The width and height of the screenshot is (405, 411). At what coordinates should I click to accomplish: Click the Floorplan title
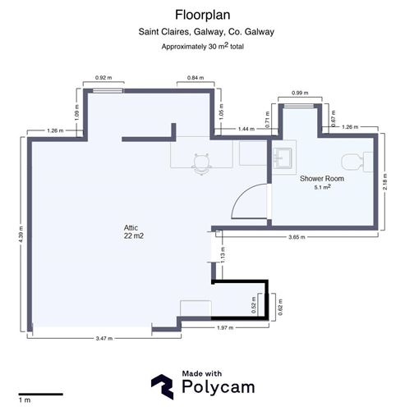[x=202, y=15]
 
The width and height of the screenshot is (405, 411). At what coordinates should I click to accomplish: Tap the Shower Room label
[x=322, y=179]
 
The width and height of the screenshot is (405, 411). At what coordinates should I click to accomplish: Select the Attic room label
[x=131, y=227]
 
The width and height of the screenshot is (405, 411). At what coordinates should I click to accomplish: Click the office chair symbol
[x=202, y=163]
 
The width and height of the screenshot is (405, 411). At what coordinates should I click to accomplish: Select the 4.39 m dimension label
[x=21, y=234]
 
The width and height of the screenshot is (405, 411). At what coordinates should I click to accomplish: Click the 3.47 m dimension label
[x=104, y=338]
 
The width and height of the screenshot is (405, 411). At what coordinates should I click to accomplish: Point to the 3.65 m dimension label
[x=297, y=237]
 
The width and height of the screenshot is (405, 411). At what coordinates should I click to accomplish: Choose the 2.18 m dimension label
[x=385, y=181]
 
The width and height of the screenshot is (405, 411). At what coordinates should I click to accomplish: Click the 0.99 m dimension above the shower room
[x=300, y=93]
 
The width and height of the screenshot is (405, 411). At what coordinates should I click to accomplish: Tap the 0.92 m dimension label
[x=104, y=78]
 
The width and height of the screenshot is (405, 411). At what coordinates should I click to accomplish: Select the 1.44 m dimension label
[x=246, y=129]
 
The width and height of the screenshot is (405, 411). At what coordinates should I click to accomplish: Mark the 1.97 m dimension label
[x=225, y=327]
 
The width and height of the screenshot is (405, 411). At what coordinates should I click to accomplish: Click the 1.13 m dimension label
[x=223, y=254]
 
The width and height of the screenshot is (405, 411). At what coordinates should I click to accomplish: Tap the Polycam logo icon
[x=163, y=386]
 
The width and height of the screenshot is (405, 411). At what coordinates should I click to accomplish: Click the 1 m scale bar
[x=41, y=395]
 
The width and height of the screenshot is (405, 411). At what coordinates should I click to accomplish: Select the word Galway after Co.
[x=259, y=32]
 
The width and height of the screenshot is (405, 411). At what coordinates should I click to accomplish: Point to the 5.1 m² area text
[x=322, y=187]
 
